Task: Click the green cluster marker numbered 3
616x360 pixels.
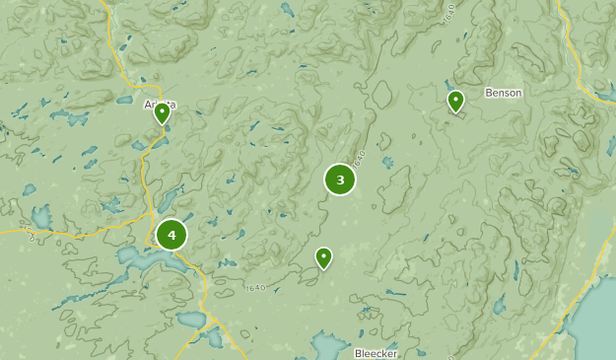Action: tap(340, 180)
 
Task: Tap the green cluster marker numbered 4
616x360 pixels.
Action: tap(171, 235)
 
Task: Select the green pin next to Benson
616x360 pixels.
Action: tap(455, 101)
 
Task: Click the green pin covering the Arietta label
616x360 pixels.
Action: tap(162, 112)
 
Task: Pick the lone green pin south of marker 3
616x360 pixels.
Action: tap(323, 257)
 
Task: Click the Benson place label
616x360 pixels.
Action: tap(503, 93)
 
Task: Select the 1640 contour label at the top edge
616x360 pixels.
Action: tap(448, 13)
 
